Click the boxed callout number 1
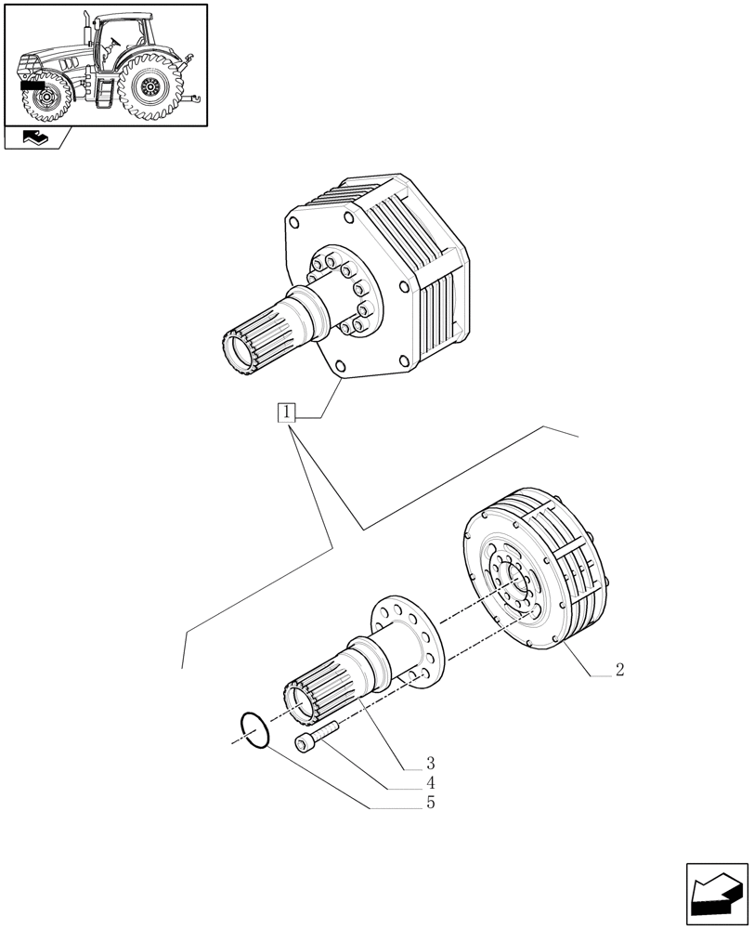(286, 412)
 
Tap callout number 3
(430, 764)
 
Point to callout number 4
(430, 783)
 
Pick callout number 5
(430, 803)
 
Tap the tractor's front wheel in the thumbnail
(44, 98)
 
